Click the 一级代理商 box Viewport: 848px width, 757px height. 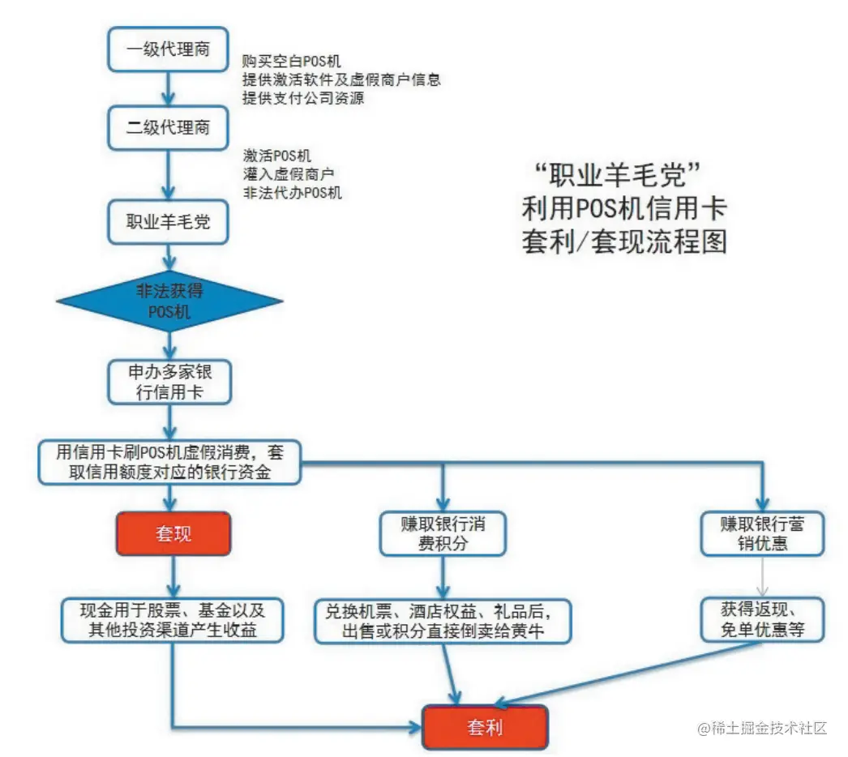169,49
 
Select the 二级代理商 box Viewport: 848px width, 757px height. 169,127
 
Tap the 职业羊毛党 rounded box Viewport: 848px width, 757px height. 169,222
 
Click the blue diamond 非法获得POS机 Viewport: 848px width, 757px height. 169,302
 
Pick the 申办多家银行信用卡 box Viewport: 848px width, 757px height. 169,381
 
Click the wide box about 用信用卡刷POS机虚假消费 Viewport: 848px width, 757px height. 169,463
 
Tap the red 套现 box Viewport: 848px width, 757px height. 173,533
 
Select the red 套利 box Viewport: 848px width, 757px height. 486,726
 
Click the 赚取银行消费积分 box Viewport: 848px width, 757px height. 443,533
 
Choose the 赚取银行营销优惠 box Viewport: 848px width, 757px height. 762,533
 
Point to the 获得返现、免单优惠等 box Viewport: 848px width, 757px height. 762,620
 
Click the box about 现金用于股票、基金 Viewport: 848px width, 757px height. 173,620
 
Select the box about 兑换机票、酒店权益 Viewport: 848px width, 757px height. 443,621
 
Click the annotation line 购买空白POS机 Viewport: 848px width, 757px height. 292,62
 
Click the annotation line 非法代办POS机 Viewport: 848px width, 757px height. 292,193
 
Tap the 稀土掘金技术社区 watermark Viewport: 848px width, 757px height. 762,728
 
